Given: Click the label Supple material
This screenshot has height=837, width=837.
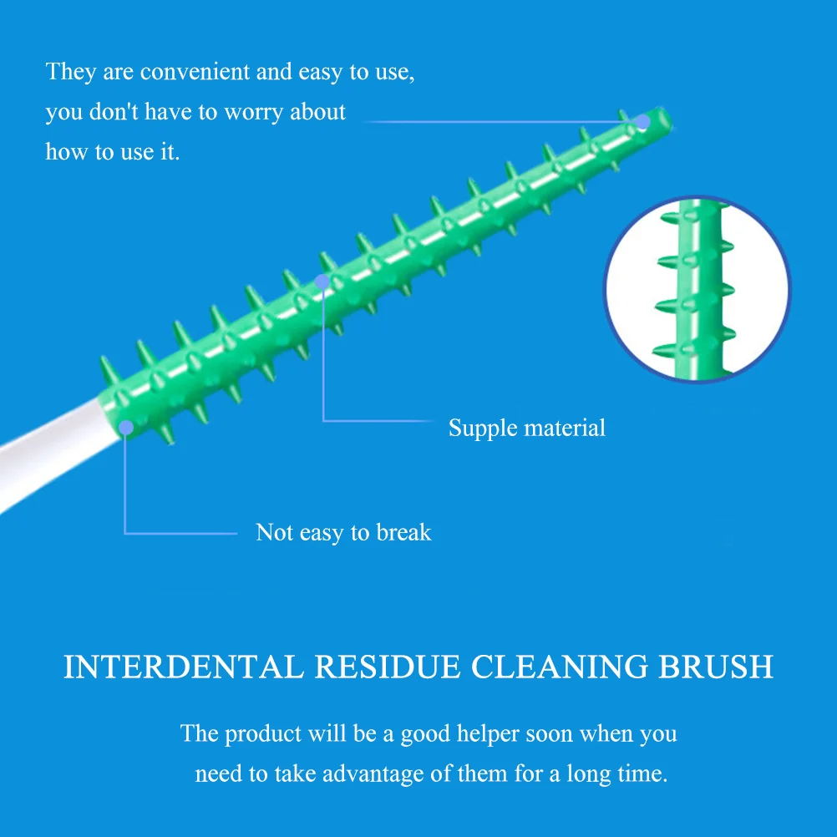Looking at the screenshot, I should [x=526, y=429].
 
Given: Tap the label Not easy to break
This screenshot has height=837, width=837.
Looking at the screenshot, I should [x=343, y=533].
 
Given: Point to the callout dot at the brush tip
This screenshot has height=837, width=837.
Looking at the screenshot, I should [x=642, y=122].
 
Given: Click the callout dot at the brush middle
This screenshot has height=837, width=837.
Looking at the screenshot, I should [x=322, y=282].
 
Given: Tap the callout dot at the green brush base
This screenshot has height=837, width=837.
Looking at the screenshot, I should [x=125, y=429].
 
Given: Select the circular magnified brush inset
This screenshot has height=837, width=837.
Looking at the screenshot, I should [x=696, y=289].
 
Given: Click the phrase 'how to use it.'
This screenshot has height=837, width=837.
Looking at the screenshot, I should [x=113, y=152].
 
